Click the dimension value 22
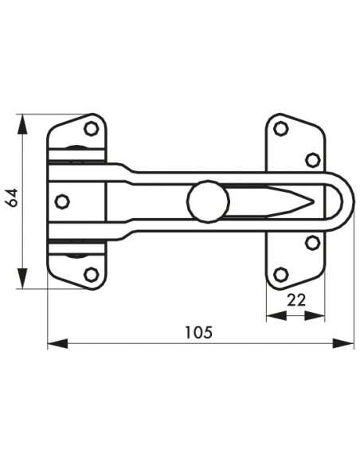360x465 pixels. coord(295,299)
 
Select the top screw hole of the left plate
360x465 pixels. coord(91,127)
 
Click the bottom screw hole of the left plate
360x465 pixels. coord(91,275)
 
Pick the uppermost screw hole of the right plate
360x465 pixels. coord(280,127)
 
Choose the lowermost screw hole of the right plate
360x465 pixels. coord(280,275)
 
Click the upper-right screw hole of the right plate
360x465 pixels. coord(312,159)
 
